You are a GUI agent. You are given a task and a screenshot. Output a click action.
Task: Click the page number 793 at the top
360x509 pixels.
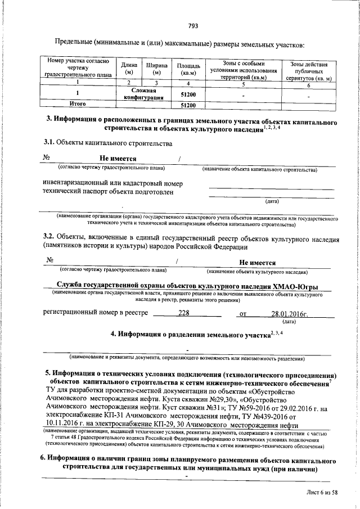point(192,25)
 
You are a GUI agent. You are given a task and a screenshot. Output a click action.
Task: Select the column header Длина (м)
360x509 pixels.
point(129,69)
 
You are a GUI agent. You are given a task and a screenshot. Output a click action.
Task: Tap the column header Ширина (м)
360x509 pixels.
point(156,69)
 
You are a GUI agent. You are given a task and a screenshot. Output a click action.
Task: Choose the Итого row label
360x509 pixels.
point(77,104)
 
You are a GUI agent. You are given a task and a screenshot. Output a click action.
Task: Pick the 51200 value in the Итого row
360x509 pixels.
point(187,105)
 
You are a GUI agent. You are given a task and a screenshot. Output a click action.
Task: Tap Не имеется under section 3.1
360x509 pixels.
point(118,159)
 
